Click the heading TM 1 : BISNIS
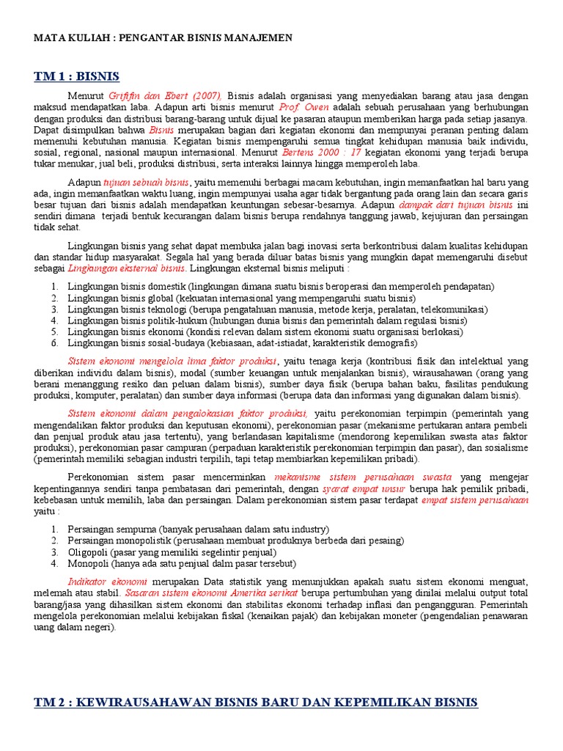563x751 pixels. point(76,76)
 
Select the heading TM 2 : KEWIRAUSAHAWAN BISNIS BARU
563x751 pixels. point(256,703)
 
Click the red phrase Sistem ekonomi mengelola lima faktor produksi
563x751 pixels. point(172,361)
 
